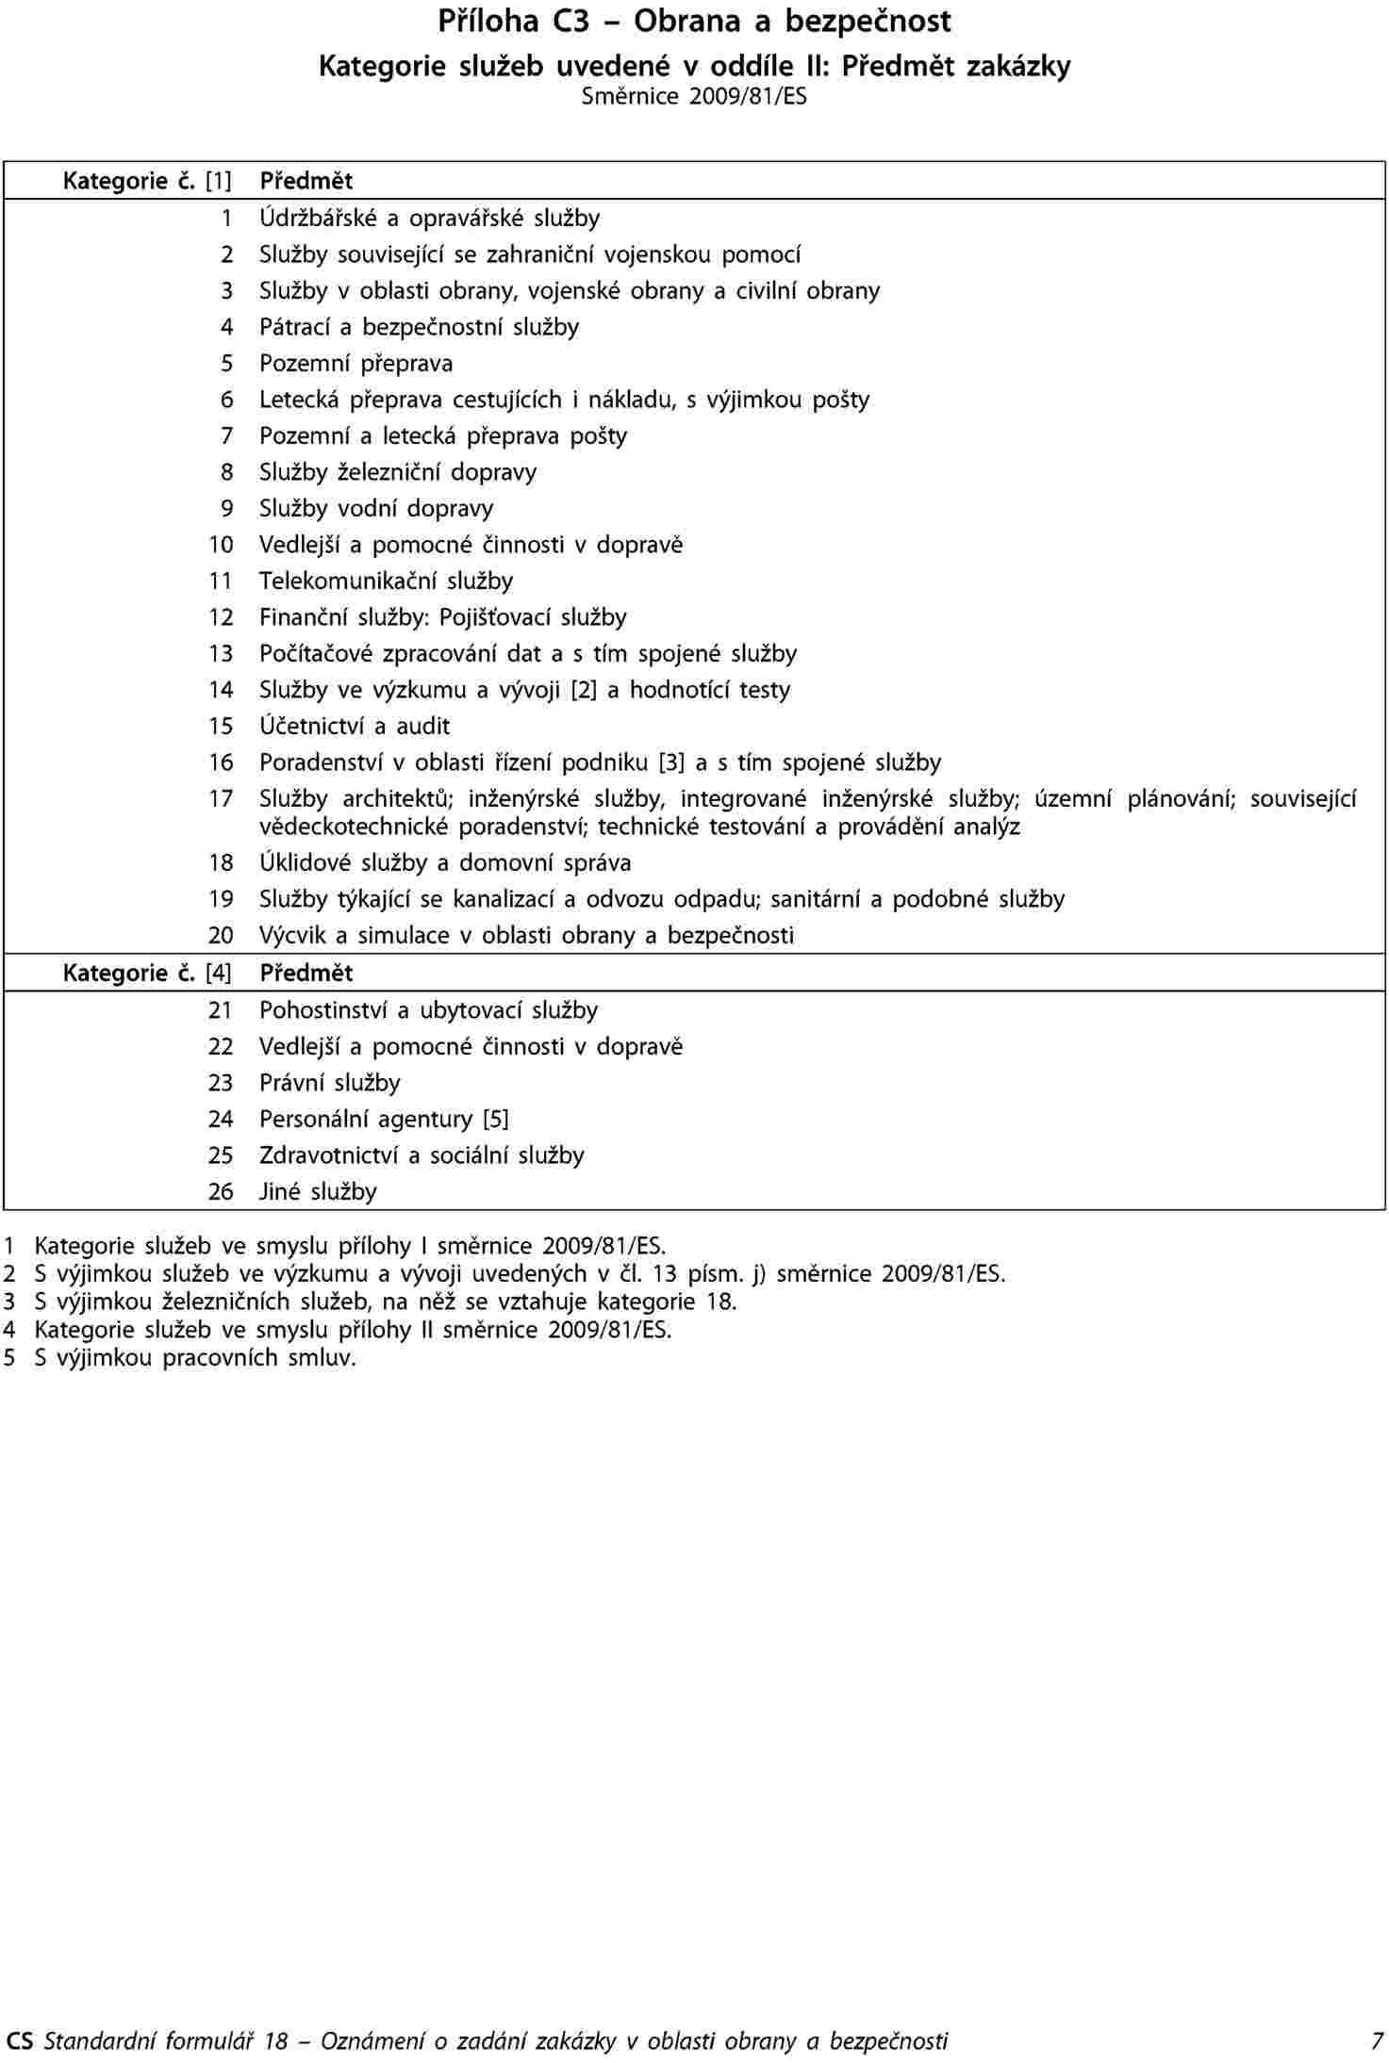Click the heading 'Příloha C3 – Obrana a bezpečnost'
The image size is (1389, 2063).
pos(694,21)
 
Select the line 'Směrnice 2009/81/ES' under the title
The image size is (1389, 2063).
pos(694,96)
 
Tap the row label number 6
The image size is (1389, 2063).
pos(226,400)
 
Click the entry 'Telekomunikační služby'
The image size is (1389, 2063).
pos(386,581)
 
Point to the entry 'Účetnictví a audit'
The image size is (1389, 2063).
pos(355,727)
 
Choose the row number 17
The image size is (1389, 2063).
pos(221,799)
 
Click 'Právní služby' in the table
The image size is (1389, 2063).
pos(330,1083)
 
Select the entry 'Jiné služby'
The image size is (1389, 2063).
pos(318,1192)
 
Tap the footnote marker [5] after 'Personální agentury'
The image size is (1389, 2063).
pos(495,1120)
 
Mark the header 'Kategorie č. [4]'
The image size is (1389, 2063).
pos(147,973)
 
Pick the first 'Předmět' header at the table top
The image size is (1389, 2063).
pos(306,180)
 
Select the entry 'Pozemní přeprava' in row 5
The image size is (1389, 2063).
pos(356,364)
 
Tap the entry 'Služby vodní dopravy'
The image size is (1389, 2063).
pos(376,509)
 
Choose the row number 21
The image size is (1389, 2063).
pos(221,1010)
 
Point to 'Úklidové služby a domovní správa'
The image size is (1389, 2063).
pos(445,863)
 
